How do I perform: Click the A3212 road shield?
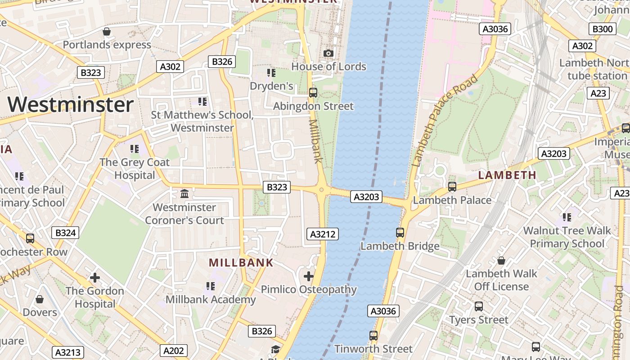(323, 234)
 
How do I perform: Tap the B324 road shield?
(65, 233)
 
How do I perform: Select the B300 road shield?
(602, 29)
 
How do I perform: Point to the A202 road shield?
(173, 351)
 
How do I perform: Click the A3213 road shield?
(67, 352)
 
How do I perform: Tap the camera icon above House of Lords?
(328, 54)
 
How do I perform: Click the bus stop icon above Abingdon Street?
(313, 93)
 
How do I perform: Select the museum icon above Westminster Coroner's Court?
(184, 194)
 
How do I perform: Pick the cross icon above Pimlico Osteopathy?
(309, 276)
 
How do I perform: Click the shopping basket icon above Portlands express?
(107, 31)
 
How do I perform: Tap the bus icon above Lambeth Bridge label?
(400, 233)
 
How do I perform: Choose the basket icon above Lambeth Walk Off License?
(501, 261)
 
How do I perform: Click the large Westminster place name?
(71, 105)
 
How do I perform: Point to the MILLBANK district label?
(241, 263)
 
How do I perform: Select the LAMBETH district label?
(507, 175)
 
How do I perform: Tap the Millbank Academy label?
(211, 300)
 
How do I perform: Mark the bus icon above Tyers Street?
(479, 306)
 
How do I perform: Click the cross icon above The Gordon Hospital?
(94, 277)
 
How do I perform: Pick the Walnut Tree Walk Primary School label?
(567, 237)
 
